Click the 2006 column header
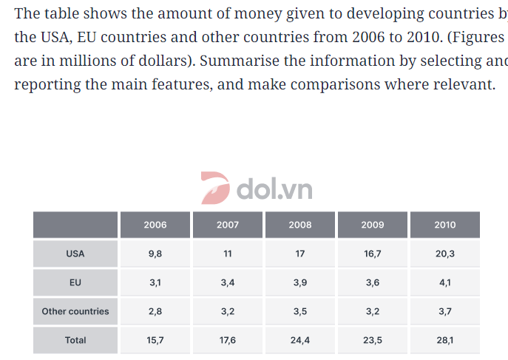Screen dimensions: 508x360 coord(155,225)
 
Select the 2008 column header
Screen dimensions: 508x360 coord(300,225)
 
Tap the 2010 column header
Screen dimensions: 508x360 coord(445,225)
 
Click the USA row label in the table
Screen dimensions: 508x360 coord(75,254)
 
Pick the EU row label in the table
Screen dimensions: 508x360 coord(75,282)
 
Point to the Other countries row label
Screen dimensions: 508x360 coord(75,311)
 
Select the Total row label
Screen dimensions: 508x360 coord(75,340)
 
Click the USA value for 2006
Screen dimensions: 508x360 coord(155,254)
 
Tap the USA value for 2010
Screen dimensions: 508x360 coord(445,254)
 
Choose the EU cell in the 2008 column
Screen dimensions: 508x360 coord(300,282)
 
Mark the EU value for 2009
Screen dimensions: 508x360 coord(373,282)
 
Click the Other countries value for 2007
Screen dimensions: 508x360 coord(228,311)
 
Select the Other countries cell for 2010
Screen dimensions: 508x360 coord(445,311)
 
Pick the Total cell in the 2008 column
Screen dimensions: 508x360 coord(300,340)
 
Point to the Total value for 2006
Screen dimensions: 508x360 coord(155,340)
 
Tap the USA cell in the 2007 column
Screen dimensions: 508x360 coord(228,254)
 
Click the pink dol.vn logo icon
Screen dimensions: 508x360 coord(215,188)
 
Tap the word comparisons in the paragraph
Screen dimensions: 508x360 coord(335,84)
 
